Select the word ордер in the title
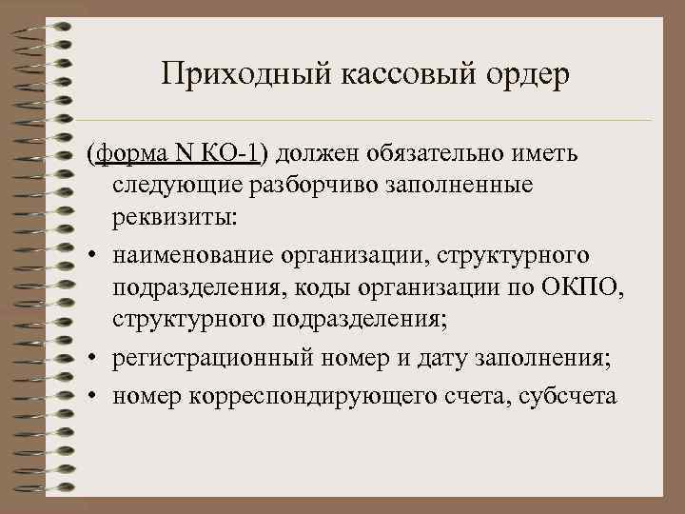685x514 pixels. coord(513,74)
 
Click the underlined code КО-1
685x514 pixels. coord(229,154)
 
